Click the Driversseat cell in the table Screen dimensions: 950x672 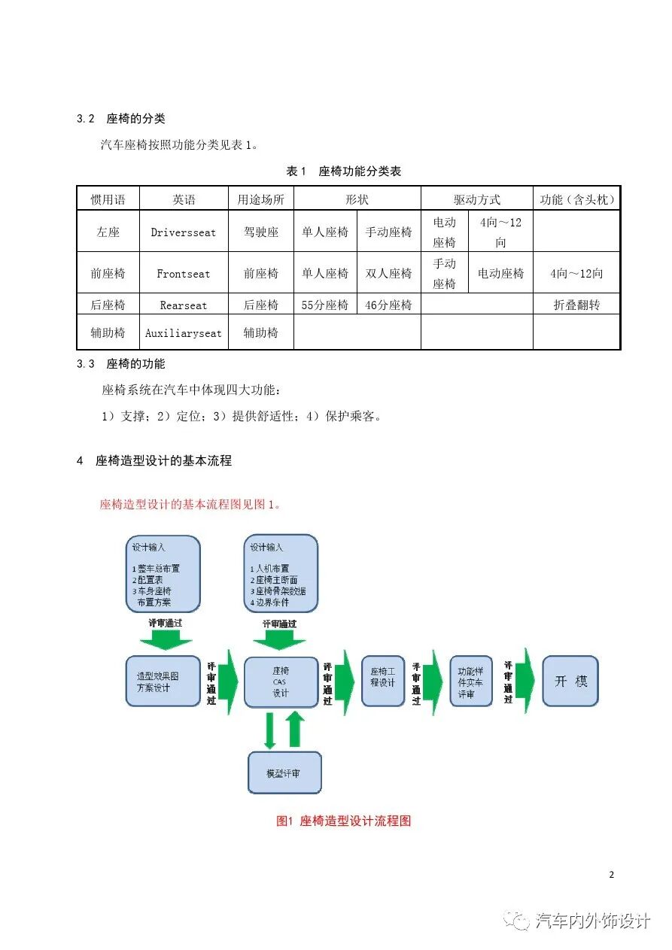click(183, 232)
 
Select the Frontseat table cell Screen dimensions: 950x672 click(183, 274)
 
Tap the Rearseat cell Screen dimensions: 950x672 click(183, 305)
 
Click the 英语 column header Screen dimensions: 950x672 click(183, 199)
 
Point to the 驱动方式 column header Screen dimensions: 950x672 click(476, 199)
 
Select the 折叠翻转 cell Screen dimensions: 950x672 click(576, 305)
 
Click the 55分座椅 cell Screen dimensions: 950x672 click(325, 305)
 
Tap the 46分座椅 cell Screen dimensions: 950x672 click(388, 305)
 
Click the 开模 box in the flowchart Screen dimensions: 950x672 click(570, 681)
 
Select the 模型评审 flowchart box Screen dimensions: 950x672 click(284, 772)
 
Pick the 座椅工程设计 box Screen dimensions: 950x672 click(383, 681)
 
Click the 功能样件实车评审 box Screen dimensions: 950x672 click(470, 681)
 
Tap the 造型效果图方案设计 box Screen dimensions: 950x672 click(163, 681)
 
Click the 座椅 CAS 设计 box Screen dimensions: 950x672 click(281, 681)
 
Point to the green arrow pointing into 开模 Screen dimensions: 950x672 click(529, 681)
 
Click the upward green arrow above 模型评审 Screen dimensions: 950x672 click(295, 730)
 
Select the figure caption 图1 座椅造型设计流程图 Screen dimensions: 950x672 click(344, 821)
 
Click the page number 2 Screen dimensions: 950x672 click(611, 874)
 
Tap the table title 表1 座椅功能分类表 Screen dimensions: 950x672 click(344, 171)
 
